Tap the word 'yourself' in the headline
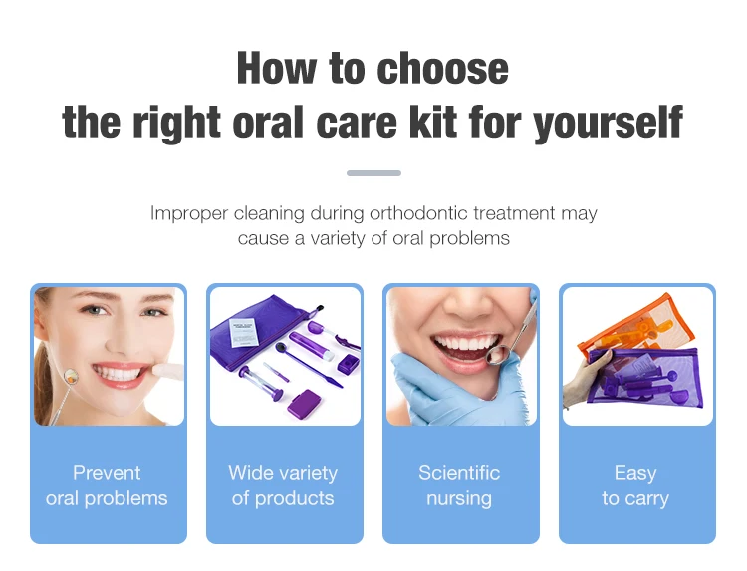tap(608, 123)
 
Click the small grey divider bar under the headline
tap(373, 173)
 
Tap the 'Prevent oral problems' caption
tap(108, 485)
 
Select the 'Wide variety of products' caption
tap(283, 485)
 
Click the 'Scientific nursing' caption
tap(459, 485)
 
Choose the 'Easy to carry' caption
tap(635, 485)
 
